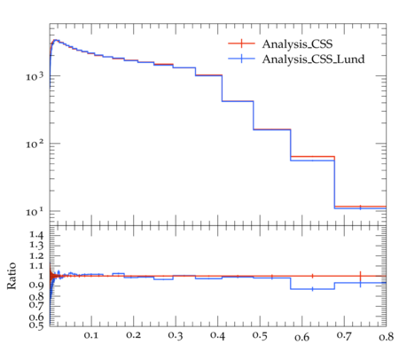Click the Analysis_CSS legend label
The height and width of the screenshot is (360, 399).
tap(297, 44)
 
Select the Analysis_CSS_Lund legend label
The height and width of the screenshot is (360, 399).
tap(313, 59)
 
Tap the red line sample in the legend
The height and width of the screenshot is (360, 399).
tap(241, 43)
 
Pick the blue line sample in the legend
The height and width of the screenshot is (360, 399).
tap(241, 59)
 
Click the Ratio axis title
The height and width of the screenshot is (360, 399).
tap(12, 276)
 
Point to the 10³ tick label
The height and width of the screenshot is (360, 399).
tap(35, 76)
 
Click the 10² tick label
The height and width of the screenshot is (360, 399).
tap(35, 144)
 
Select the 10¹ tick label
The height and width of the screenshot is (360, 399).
tap(35, 211)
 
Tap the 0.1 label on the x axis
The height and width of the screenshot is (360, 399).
tap(91, 335)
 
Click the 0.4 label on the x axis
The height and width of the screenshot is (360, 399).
tap(217, 335)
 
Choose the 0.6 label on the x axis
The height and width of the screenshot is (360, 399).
tap(301, 336)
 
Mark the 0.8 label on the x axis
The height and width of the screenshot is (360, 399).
tap(386, 336)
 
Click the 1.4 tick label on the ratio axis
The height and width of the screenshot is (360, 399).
tap(36, 235)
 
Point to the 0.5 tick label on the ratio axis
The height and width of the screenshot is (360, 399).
tap(36, 325)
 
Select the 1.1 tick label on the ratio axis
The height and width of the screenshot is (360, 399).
tap(36, 266)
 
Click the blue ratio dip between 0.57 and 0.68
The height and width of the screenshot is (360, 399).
tap(312, 289)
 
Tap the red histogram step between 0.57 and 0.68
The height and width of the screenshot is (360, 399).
tap(312, 156)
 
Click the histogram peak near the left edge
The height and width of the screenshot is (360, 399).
tap(55, 40)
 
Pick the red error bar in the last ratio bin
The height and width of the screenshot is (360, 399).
tap(360, 276)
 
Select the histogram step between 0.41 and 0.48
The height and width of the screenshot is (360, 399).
tap(238, 101)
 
